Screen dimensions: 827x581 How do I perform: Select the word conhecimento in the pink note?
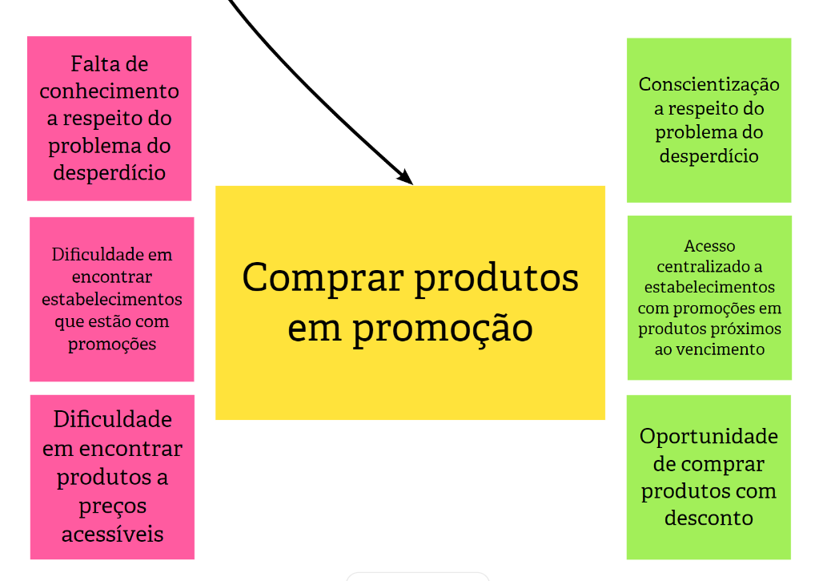click(110, 91)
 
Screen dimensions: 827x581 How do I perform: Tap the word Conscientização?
click(709, 84)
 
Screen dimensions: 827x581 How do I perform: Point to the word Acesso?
click(709, 246)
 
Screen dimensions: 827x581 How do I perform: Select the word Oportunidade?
click(709, 437)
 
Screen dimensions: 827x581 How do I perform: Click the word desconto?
click(709, 518)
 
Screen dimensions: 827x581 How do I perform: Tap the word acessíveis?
click(113, 534)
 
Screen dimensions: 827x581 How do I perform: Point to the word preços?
click(113, 506)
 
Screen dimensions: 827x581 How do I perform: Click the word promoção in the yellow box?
click(442, 329)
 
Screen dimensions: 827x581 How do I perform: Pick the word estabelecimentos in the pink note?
click(112, 299)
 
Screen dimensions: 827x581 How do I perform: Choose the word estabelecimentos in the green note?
click(709, 287)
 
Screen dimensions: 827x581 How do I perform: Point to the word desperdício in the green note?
click(709, 156)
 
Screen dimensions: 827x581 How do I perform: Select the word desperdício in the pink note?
click(110, 172)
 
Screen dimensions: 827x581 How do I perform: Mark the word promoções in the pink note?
click(112, 344)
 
